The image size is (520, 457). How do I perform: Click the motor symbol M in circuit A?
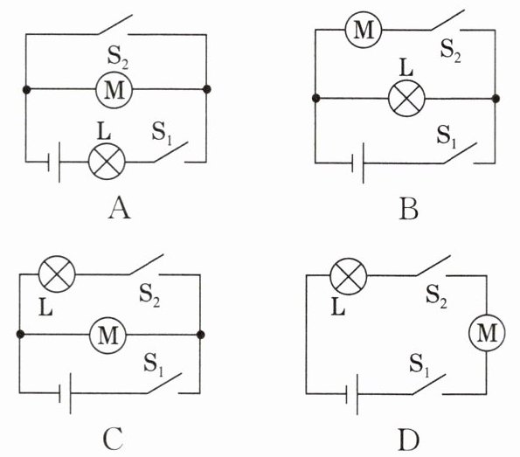(x=114, y=89)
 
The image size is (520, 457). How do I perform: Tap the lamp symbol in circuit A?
(x=107, y=162)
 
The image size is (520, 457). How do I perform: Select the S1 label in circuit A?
(x=162, y=134)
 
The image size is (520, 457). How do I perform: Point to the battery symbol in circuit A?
(x=54, y=163)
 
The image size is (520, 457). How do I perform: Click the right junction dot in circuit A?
(x=206, y=89)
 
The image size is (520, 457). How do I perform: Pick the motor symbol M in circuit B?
(x=364, y=30)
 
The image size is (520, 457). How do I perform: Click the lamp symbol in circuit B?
(x=406, y=98)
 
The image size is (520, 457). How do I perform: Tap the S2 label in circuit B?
(x=450, y=51)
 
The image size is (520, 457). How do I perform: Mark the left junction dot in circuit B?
(x=316, y=98)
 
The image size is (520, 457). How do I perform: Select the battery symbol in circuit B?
(x=357, y=163)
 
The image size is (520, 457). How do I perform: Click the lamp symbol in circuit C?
(x=57, y=274)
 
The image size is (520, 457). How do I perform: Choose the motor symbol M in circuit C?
(x=108, y=335)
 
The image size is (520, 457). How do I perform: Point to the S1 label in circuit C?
(x=154, y=364)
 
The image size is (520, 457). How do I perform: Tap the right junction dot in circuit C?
(x=200, y=335)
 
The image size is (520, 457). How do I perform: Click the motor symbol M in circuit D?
(x=487, y=332)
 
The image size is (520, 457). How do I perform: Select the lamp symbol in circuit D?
(x=349, y=276)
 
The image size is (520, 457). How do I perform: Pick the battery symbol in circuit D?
(x=352, y=394)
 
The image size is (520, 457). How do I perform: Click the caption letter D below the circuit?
(x=409, y=440)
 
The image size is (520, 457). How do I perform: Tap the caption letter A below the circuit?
(x=120, y=208)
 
